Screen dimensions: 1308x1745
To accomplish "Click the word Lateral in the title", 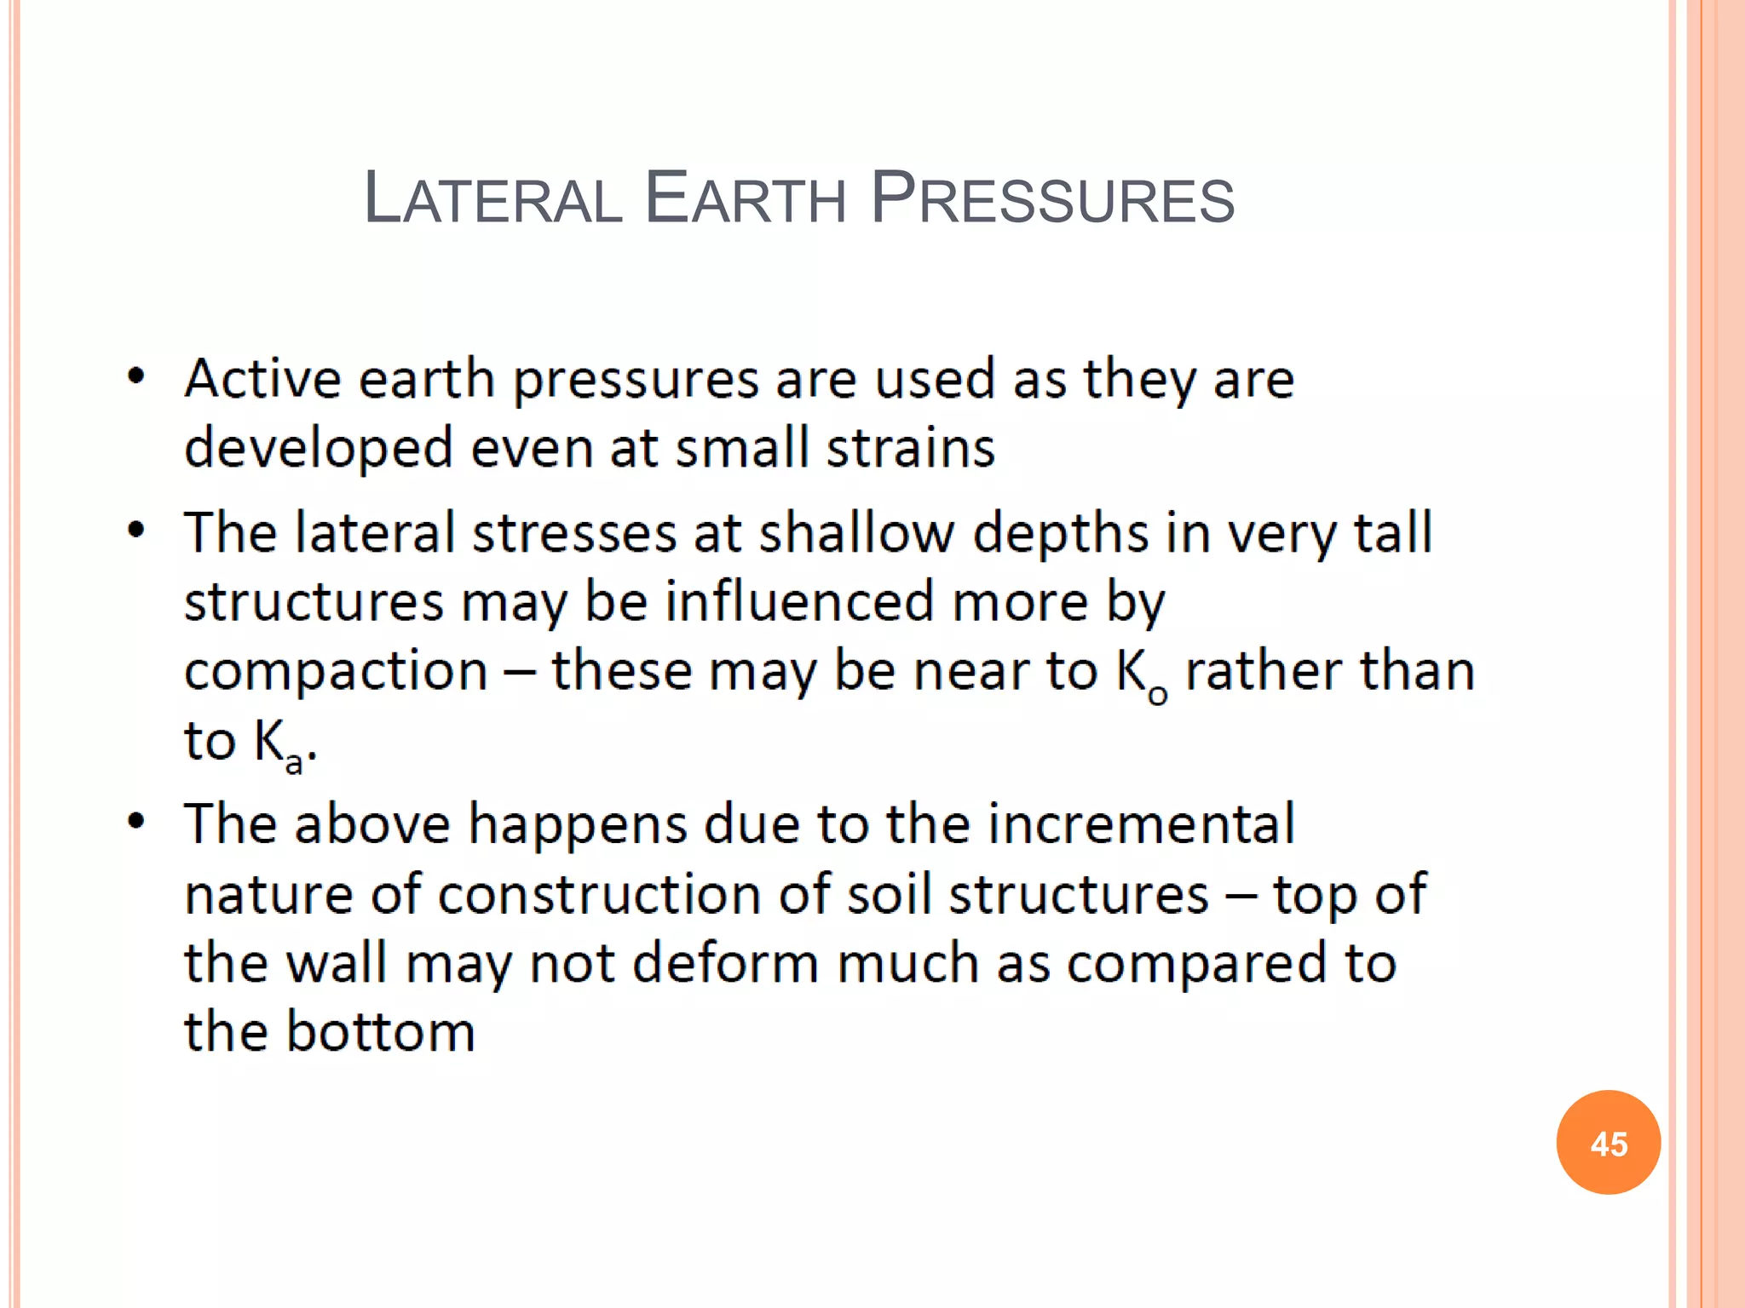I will (492, 199).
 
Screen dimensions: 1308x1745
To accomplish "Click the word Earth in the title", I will (745, 199).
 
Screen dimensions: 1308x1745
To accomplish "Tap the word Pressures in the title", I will (1052, 199).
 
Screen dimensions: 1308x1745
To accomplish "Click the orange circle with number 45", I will (1608, 1143).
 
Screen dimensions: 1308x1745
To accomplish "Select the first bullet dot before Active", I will (136, 377).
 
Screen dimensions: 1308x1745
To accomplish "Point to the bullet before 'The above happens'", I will (136, 822).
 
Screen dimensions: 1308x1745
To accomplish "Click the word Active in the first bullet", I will (262, 379).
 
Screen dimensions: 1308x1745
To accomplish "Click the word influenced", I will (800, 602).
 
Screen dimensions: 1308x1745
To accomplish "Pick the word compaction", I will (336, 671).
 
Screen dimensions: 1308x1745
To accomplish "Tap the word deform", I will (725, 963).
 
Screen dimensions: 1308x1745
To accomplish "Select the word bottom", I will (380, 1032).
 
